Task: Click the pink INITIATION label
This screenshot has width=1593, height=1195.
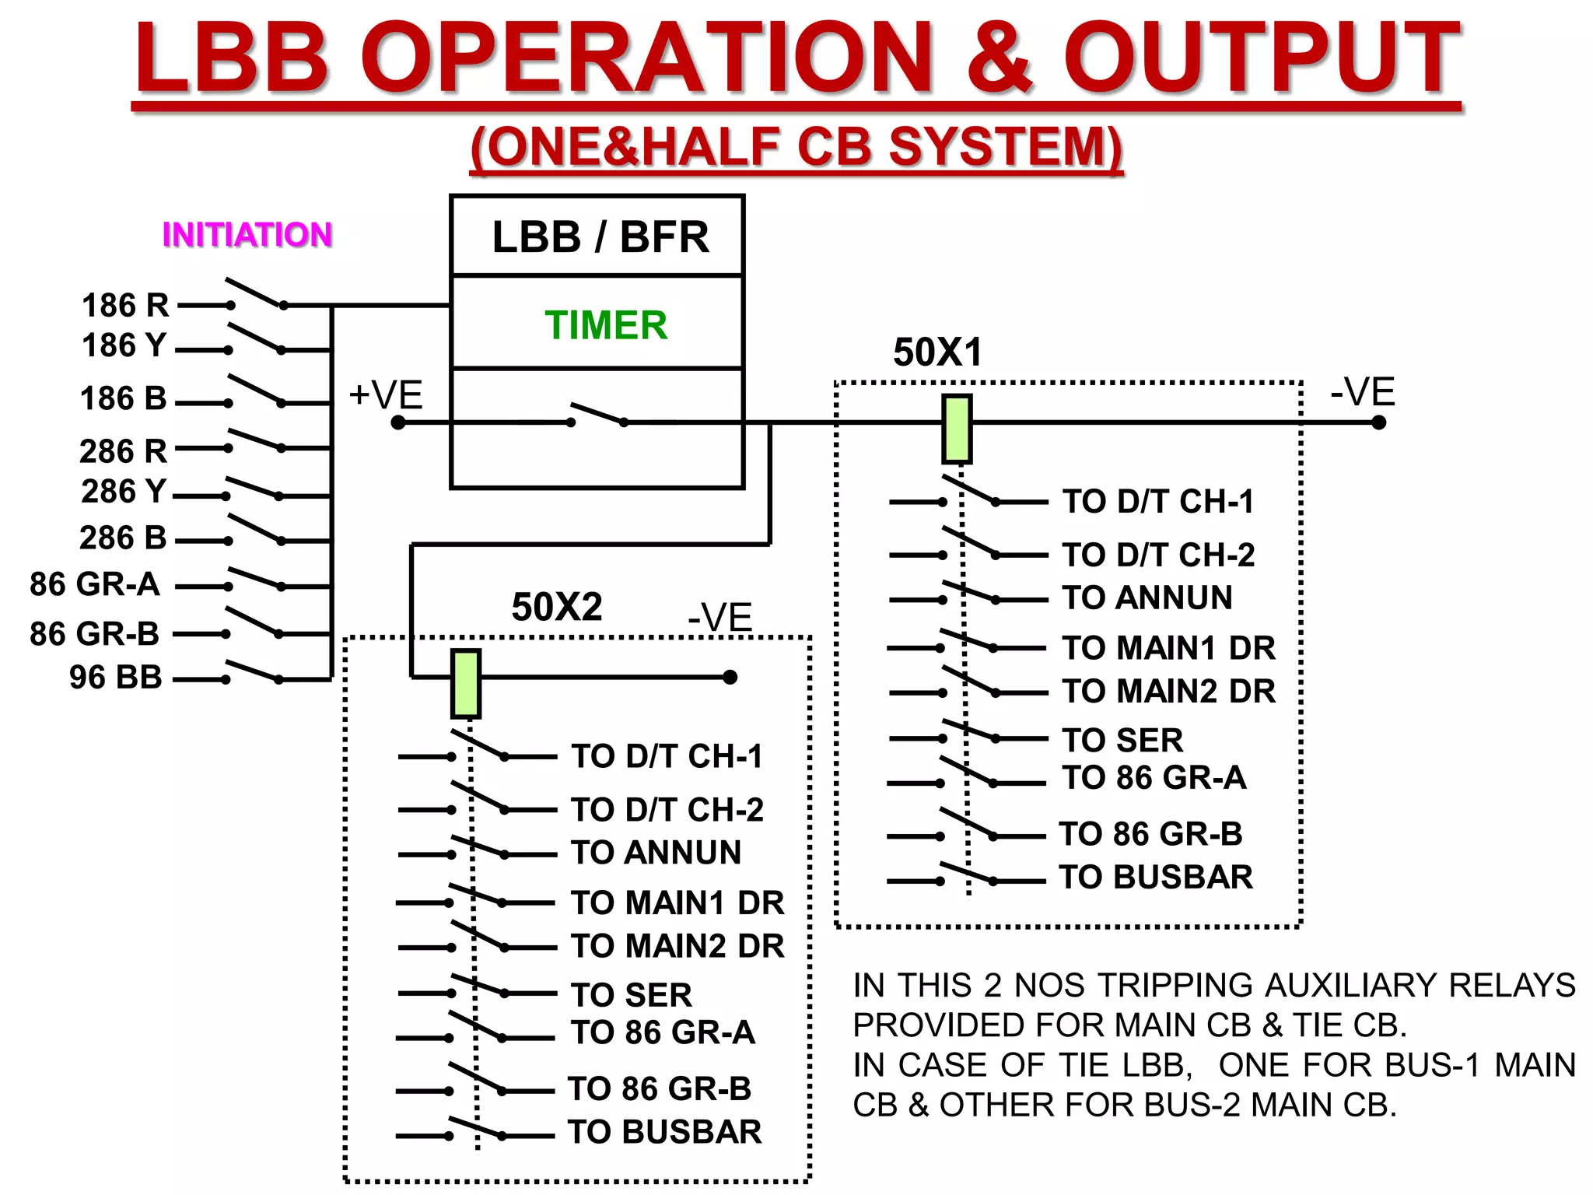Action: (x=247, y=235)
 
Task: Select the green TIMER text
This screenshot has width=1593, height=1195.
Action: (x=606, y=325)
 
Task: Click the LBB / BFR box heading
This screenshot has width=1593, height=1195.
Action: (x=600, y=237)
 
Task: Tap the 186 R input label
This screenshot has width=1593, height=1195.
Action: (x=125, y=305)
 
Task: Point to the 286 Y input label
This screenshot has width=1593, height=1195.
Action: (x=124, y=491)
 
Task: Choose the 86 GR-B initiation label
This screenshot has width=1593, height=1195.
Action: (x=94, y=634)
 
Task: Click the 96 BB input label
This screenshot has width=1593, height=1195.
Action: (x=116, y=677)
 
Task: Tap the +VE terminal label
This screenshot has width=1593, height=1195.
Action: (x=385, y=394)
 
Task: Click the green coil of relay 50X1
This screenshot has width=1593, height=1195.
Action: (x=957, y=429)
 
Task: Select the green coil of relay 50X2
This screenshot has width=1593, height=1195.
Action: (x=466, y=684)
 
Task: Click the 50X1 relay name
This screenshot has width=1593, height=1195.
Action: (x=938, y=352)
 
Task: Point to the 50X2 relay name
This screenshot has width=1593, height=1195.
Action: (x=557, y=607)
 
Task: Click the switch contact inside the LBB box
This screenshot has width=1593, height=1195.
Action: (x=597, y=415)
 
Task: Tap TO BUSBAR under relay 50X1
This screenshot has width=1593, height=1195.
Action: (x=1156, y=878)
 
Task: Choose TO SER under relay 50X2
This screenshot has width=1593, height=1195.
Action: (x=631, y=995)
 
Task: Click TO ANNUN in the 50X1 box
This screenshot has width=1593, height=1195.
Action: (x=1147, y=598)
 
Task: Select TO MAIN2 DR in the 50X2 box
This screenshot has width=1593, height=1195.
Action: (x=677, y=946)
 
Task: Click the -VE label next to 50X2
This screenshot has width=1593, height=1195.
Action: (x=719, y=619)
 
